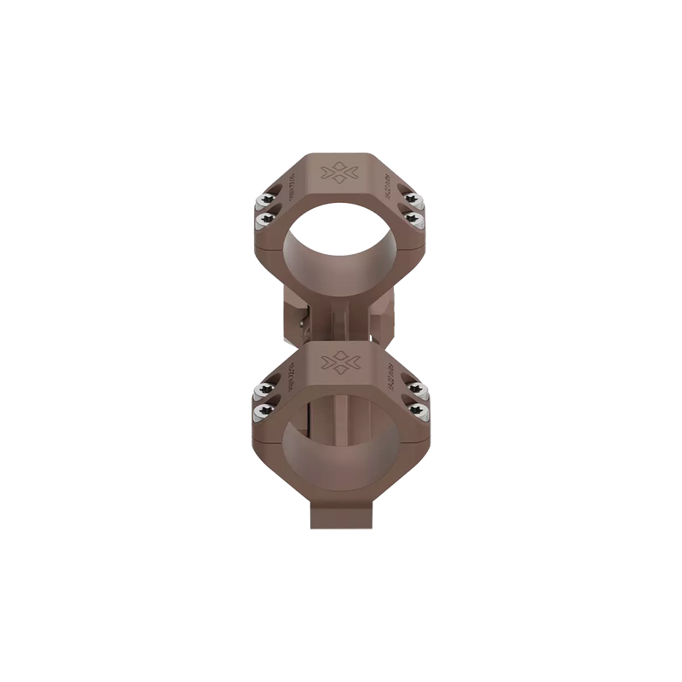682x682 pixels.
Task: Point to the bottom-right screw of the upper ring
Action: click(x=419, y=220)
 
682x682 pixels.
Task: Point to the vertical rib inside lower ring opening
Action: click(x=341, y=443)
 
